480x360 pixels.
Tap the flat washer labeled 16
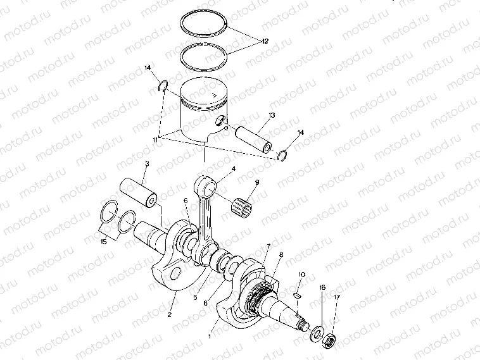[316, 332]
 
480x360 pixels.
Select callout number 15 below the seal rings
[104, 242]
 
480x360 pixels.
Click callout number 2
[170, 313]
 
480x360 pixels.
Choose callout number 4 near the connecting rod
[233, 169]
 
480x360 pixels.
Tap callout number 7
[268, 245]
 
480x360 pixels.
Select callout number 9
[257, 183]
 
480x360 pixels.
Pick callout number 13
[271, 115]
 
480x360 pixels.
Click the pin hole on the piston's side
[221, 120]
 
